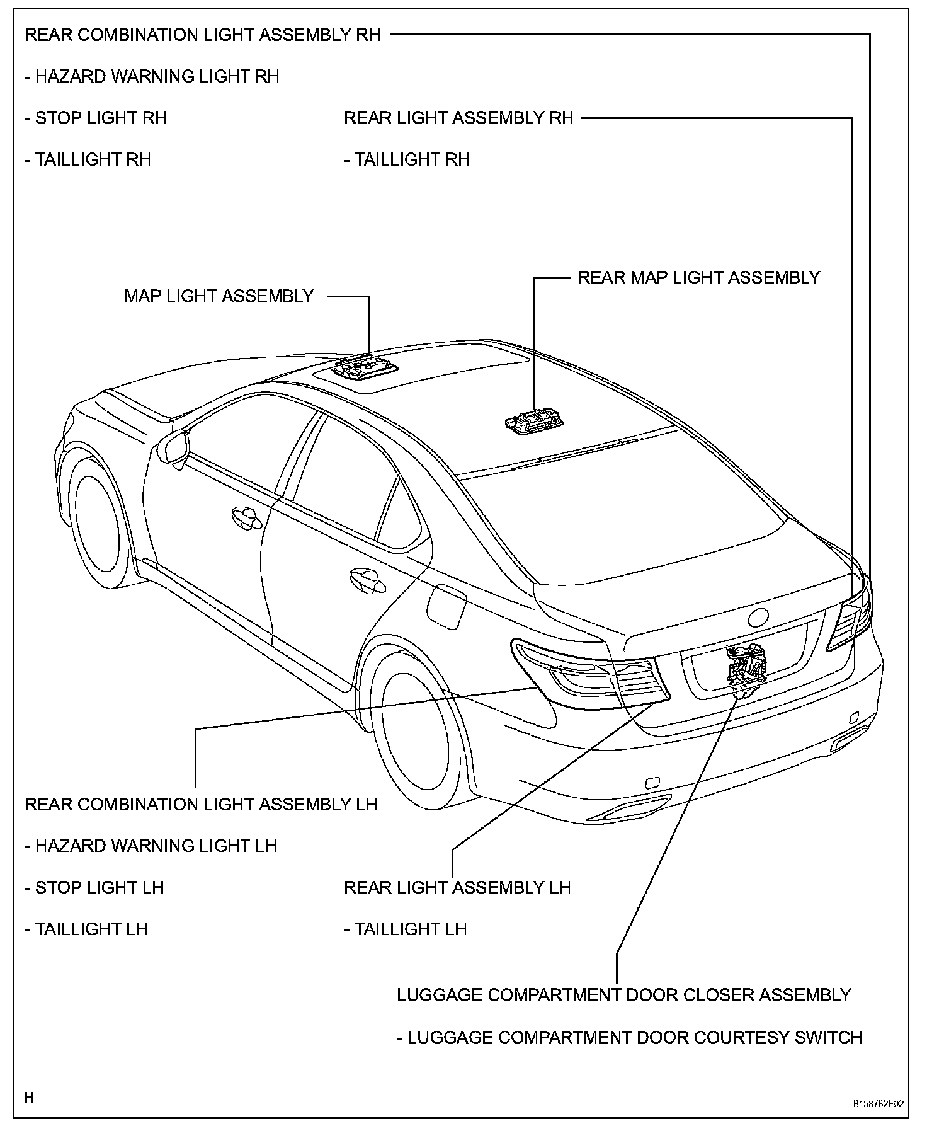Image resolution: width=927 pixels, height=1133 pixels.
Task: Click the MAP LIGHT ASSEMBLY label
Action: (219, 296)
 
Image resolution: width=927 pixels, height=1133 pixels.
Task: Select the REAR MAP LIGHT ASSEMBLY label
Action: (698, 278)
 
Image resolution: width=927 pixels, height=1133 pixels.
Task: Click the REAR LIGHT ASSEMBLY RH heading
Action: (458, 118)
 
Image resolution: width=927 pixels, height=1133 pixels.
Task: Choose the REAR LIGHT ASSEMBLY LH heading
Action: (457, 887)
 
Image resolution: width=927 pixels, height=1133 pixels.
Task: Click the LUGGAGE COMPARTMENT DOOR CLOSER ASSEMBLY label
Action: (623, 995)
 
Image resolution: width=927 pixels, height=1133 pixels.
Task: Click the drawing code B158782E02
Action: (879, 1104)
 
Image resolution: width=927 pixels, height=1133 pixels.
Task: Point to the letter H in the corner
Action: (29, 1098)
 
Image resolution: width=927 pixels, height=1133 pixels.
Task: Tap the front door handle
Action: (246, 517)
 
